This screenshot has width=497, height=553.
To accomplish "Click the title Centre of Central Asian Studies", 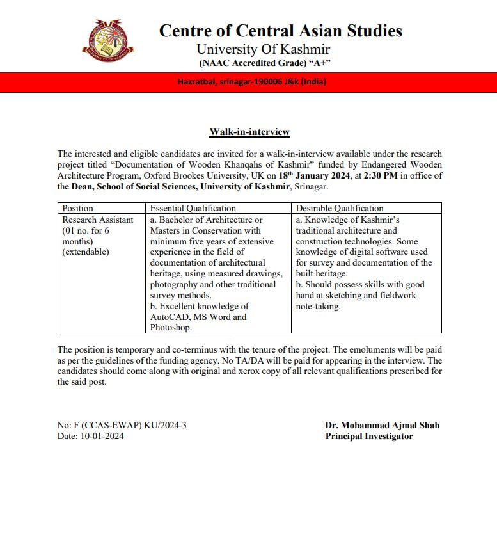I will coord(280,31).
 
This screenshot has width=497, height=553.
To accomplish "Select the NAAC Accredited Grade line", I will coord(264,63).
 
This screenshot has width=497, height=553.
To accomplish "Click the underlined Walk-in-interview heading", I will coord(249,132).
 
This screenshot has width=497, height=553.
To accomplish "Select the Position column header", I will coord(77,208).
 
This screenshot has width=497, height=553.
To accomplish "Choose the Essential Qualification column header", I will coord(193,208).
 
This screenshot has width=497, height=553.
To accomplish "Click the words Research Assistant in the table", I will coord(98,220).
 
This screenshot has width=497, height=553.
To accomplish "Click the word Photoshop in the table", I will coord(171,328).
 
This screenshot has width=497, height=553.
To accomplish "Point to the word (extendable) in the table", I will coord(86,252).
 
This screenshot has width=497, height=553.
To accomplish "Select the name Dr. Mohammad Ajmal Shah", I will coord(382,425).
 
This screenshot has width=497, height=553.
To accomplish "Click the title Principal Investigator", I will coord(369,436).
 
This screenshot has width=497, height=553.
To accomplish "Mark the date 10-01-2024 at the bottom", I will coord(101,436).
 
